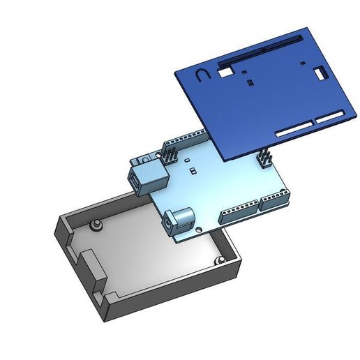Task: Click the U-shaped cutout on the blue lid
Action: point(201,75)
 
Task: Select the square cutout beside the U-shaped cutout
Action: point(225,70)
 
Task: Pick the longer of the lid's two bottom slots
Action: point(294,130)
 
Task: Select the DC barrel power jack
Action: point(179,220)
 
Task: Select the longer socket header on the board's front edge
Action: point(239,213)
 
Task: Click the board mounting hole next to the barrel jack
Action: point(202,228)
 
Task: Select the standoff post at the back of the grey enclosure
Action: point(96,225)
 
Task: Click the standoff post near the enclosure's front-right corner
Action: point(220,260)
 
